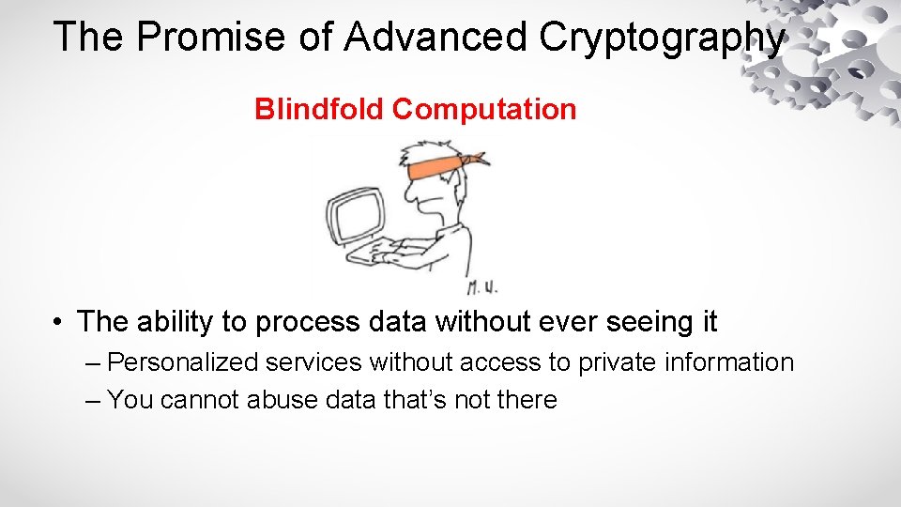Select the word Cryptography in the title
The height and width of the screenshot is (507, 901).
pyautogui.click(x=662, y=38)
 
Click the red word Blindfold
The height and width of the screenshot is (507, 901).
pyautogui.click(x=320, y=110)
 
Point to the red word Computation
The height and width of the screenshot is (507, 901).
pyautogui.click(x=484, y=110)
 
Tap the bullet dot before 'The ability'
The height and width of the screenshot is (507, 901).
pyautogui.click(x=58, y=322)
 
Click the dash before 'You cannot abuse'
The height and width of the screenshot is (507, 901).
pyautogui.click(x=91, y=401)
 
